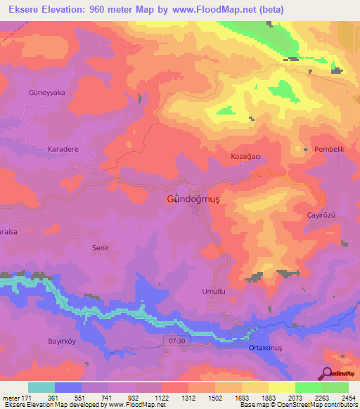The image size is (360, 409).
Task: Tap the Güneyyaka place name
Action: coord(46,92)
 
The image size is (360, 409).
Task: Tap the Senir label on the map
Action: coord(102,248)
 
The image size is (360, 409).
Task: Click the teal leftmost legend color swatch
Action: coord(41,387)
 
